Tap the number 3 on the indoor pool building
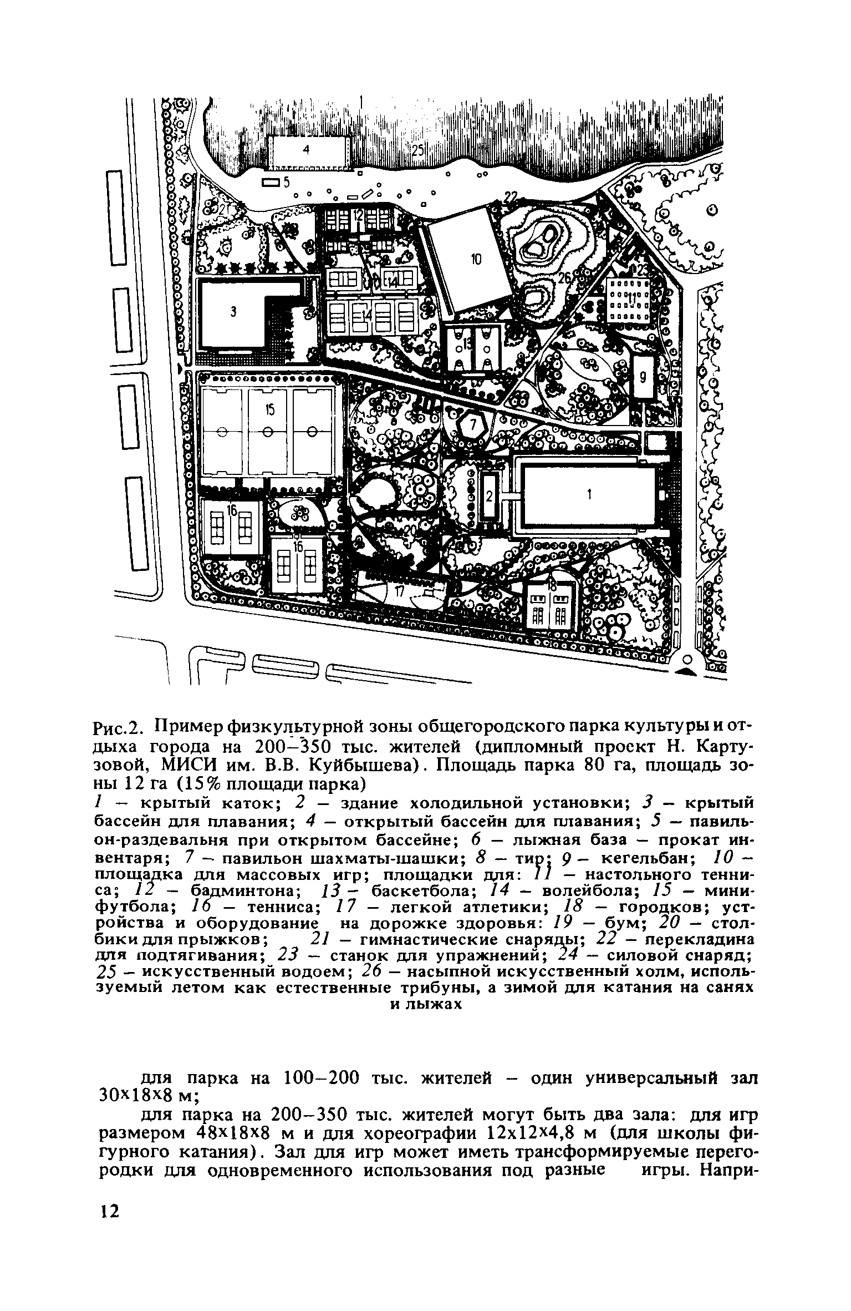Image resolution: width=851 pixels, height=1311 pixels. (233, 312)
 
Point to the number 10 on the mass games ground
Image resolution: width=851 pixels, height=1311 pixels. (476, 259)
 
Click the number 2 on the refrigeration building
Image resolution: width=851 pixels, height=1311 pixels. (489, 497)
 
